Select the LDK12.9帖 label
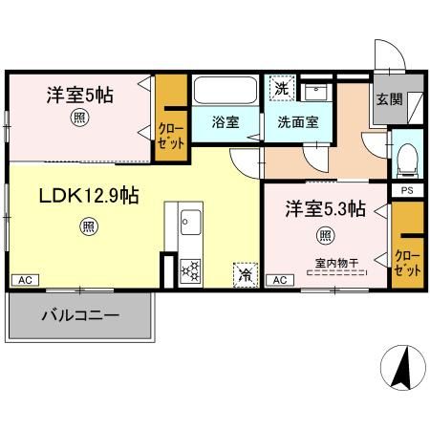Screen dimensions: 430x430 (x=89, y=196)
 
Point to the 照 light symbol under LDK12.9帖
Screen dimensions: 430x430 (x=87, y=226)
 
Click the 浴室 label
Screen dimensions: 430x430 (x=226, y=122)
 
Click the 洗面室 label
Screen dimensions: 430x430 (x=297, y=122)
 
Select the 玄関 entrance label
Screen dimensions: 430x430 (x=388, y=98)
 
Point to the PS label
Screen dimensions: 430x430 (x=406, y=189)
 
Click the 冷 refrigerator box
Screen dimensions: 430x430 (x=246, y=273)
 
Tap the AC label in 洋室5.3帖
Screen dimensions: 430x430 (x=280, y=279)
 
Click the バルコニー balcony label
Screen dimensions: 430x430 (x=79, y=314)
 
